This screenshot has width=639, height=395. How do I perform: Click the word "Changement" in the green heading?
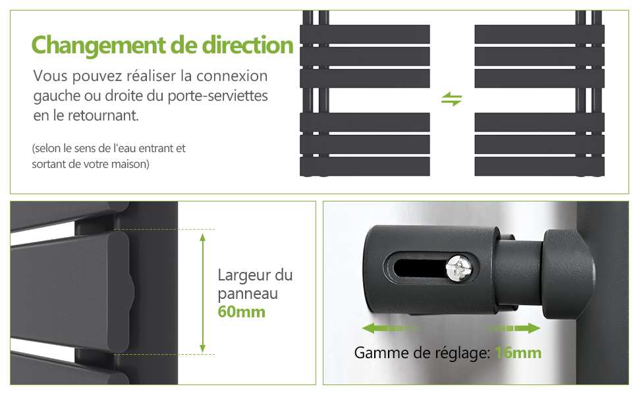pyautogui.click(x=99, y=45)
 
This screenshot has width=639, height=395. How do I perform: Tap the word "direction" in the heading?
pyautogui.click(x=248, y=45)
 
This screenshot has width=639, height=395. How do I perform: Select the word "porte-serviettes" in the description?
pyautogui.click(x=217, y=96)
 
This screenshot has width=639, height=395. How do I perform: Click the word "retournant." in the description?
pyautogui.click(x=103, y=116)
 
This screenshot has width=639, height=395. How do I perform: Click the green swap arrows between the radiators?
pyautogui.click(x=451, y=99)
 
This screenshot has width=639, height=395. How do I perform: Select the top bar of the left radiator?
pyautogui.click(x=365, y=34)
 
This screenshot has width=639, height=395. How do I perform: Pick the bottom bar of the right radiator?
pyautogui.click(x=540, y=166)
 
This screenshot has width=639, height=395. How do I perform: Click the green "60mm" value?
pyautogui.click(x=241, y=312)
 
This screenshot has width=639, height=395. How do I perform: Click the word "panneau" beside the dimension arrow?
pyautogui.click(x=248, y=294)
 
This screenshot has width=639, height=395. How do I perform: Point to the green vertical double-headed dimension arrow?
pyautogui.click(x=202, y=292)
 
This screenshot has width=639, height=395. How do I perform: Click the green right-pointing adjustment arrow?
pyautogui.click(x=511, y=329)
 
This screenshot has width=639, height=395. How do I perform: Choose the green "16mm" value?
pyautogui.click(x=518, y=353)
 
